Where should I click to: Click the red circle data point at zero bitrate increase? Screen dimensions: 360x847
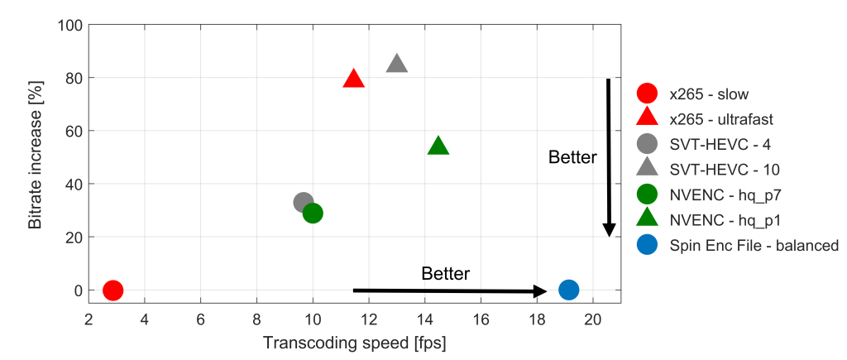pyautogui.click(x=113, y=290)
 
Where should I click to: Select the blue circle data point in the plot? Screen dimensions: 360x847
pyautogui.click(x=568, y=290)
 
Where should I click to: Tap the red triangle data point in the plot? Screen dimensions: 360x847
pyautogui.click(x=354, y=79)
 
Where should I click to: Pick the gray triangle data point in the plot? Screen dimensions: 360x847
pyautogui.click(x=397, y=65)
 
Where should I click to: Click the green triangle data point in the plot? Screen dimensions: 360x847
pyautogui.click(x=438, y=146)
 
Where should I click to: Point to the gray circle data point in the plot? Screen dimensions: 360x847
pyautogui.click(x=304, y=203)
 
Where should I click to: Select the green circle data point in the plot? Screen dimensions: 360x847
pyautogui.click(x=313, y=213)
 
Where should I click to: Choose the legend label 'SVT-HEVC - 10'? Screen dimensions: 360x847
pyautogui.click(x=725, y=169)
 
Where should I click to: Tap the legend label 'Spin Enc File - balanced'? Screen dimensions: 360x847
pyautogui.click(x=754, y=245)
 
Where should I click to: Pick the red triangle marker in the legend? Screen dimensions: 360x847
pyautogui.click(x=648, y=118)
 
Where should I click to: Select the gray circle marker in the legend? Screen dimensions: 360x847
pyautogui.click(x=648, y=144)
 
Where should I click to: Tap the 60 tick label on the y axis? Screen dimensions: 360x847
pyautogui.click(x=72, y=131)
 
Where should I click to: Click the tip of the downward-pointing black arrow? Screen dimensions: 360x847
pyautogui.click(x=609, y=236)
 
